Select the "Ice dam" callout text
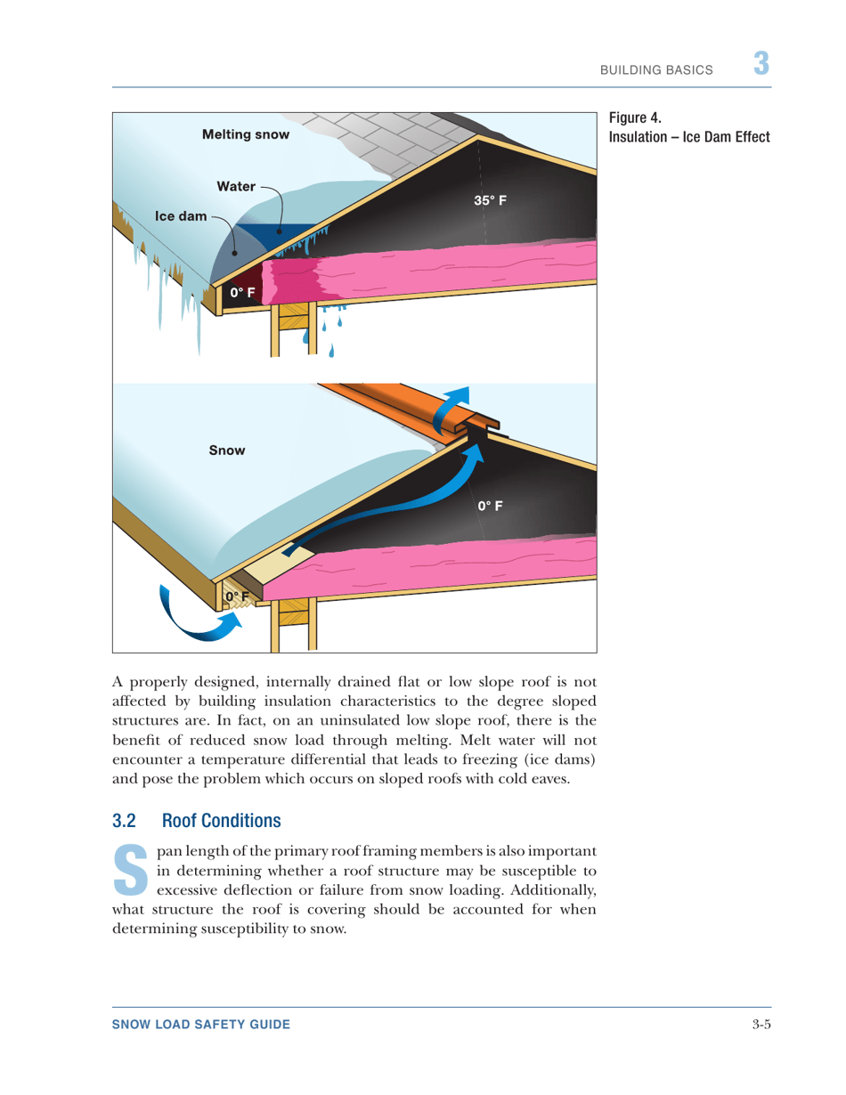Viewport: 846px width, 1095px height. click(x=182, y=215)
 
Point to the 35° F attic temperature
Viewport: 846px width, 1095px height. click(x=491, y=201)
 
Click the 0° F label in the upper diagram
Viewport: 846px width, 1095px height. click(x=243, y=292)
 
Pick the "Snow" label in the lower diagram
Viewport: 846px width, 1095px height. click(x=226, y=451)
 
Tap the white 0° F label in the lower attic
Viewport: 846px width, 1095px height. click(x=491, y=506)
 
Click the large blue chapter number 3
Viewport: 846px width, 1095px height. click(x=761, y=65)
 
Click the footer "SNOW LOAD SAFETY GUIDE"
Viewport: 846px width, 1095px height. click(x=200, y=1026)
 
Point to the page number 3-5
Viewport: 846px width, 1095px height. click(x=760, y=1026)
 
